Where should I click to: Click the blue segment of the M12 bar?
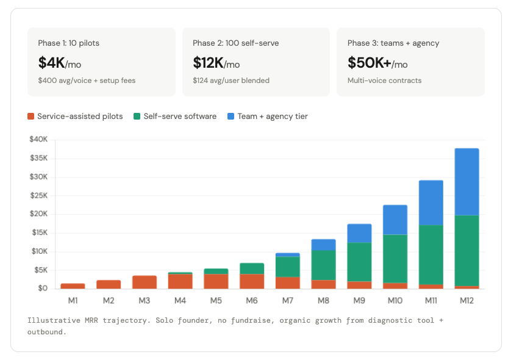[466, 182]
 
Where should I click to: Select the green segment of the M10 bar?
[395, 259]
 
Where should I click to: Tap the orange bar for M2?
[109, 284]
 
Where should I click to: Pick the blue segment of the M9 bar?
[359, 233]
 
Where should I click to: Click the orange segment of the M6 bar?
[252, 281]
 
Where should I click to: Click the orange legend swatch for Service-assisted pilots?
[31, 116]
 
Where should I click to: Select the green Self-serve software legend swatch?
[137, 116]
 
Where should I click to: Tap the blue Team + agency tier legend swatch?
[231, 116]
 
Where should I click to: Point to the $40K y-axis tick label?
[38, 140]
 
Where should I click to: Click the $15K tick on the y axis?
[38, 232]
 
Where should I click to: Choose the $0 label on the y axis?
[43, 288]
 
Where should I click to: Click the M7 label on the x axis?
[288, 300]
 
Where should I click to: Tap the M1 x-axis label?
[73, 300]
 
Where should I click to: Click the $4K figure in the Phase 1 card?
[51, 63]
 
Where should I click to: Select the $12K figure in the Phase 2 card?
[209, 63]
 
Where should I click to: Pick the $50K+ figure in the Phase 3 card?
[369, 63]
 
